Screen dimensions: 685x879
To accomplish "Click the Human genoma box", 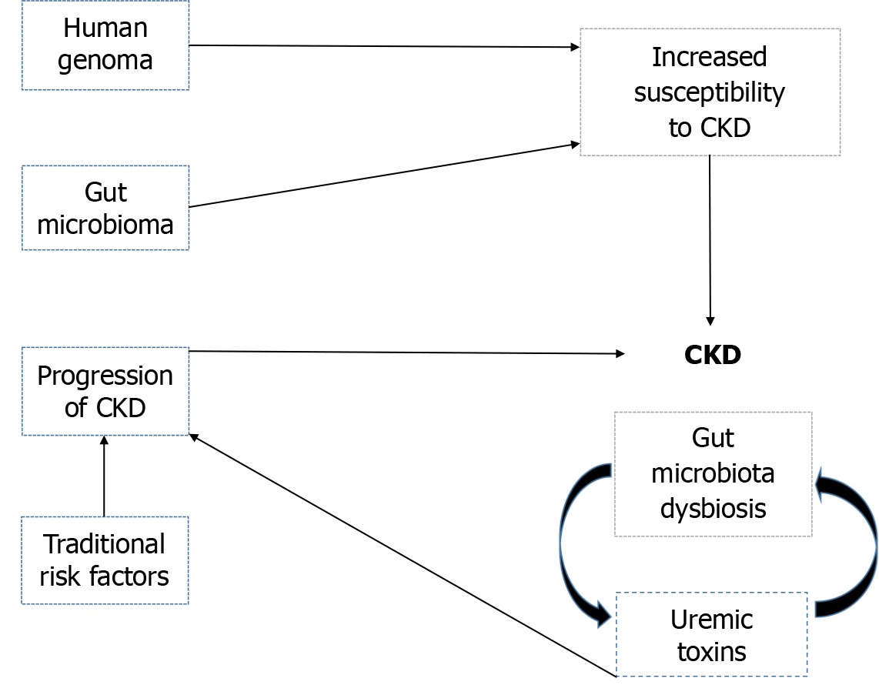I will click(x=105, y=45).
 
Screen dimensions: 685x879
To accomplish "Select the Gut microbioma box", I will click(x=105, y=208).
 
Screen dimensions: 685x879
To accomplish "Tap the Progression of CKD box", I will click(x=105, y=391).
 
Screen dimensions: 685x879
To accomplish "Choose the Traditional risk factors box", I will click(x=105, y=560).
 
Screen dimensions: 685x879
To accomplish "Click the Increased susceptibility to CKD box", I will click(x=710, y=92).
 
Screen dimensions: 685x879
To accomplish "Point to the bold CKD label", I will click(x=712, y=355).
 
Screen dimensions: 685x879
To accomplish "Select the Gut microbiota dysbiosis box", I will click(x=713, y=474).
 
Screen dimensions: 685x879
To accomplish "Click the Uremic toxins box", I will click(x=712, y=634).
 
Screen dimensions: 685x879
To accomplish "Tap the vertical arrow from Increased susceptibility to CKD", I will click(x=710, y=239).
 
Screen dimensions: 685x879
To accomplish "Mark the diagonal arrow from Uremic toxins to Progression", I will click(x=400, y=555).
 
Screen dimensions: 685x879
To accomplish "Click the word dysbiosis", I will click(x=713, y=508).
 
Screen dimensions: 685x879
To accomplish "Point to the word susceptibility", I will click(x=709, y=92).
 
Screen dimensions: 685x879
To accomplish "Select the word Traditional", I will click(x=105, y=544).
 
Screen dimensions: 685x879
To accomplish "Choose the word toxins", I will click(x=712, y=652).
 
